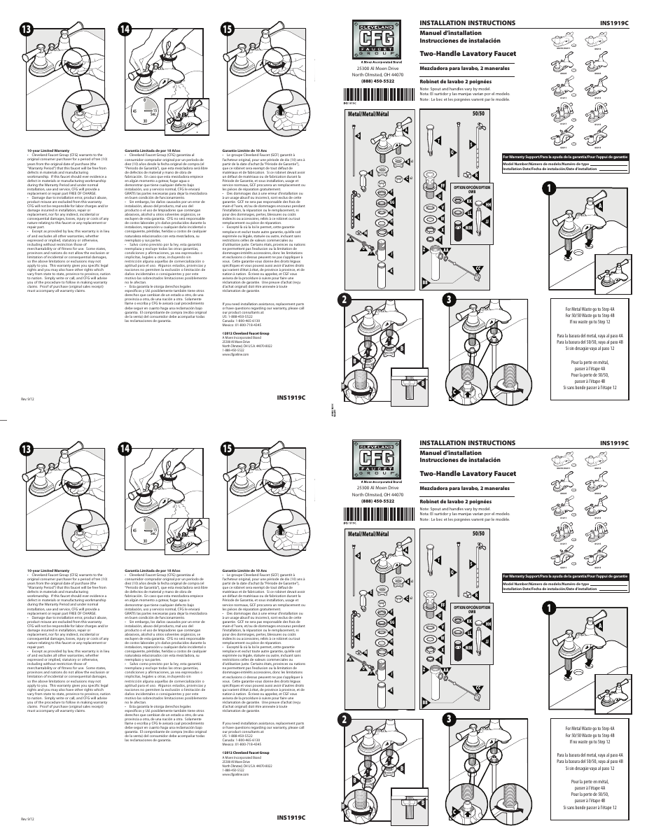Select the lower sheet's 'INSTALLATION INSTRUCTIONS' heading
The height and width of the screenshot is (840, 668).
click(467, 443)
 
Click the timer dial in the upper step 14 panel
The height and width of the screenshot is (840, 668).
click(144, 111)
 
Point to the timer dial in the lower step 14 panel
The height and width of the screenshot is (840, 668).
click(144, 531)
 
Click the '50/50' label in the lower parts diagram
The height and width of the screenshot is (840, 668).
click(478, 534)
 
